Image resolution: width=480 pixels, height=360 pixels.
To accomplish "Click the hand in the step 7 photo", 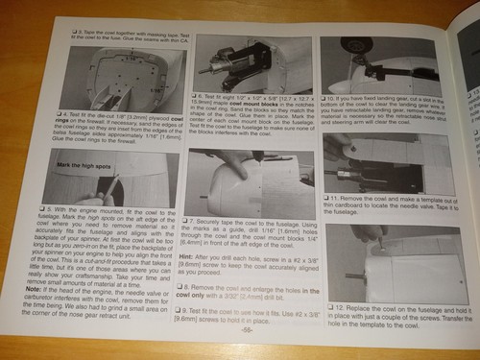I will pos(230,158).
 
